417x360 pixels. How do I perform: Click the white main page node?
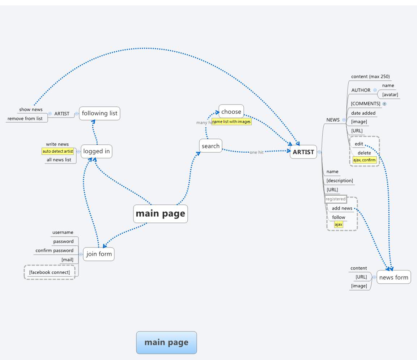coord(160,214)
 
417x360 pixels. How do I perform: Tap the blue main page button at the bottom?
coord(166,343)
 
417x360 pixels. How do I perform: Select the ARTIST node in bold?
coord(303,152)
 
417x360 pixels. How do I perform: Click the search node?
coord(210,146)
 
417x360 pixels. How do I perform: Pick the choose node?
coord(231,111)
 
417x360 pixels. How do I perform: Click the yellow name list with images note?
coord(231,122)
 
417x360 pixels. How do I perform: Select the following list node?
coord(99,113)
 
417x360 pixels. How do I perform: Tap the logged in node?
coord(96,151)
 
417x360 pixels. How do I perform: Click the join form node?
coord(99,254)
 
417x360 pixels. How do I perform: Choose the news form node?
coord(393,278)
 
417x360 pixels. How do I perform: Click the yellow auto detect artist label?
coord(58,151)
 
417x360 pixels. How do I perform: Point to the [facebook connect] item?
coord(50,272)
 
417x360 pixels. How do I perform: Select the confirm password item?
coord(54,250)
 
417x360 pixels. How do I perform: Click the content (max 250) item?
coord(370,77)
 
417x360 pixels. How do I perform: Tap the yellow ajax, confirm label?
coord(365,160)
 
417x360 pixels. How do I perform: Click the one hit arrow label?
coord(256,152)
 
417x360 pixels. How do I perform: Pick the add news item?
coord(342,208)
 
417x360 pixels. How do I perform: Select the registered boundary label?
coord(336,199)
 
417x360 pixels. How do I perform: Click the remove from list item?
coord(25,118)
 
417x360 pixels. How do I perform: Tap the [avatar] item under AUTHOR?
coord(390,95)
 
